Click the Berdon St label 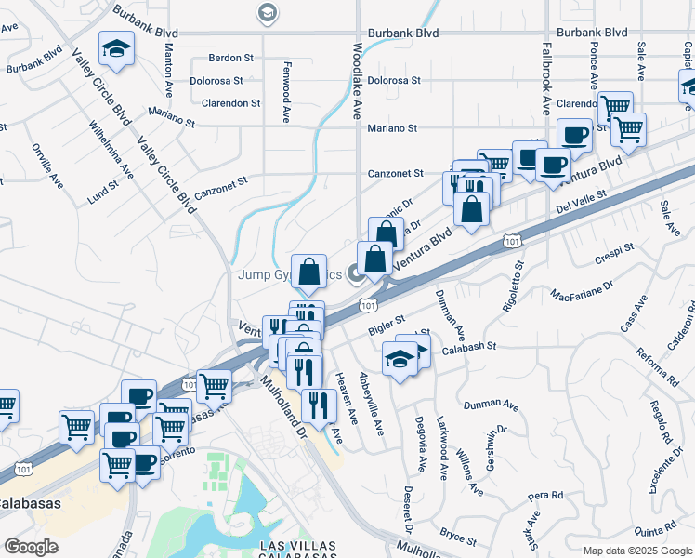point(226,57)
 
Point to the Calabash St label point(470,345)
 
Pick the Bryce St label point(459,538)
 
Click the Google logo point(31,547)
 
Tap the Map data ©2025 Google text point(636,551)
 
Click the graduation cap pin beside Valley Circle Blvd point(118,50)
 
